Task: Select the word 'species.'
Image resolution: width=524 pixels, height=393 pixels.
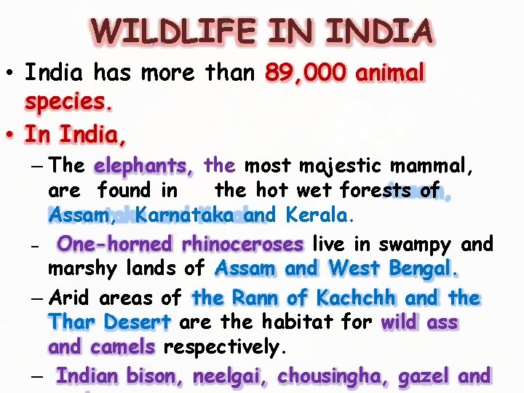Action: pyautogui.click(x=70, y=103)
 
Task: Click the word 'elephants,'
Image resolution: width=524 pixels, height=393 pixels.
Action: pyautogui.click(x=144, y=166)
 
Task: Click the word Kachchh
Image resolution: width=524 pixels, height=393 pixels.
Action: pyautogui.click(x=356, y=298)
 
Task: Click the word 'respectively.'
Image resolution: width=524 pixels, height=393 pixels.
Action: pyautogui.click(x=222, y=347)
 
